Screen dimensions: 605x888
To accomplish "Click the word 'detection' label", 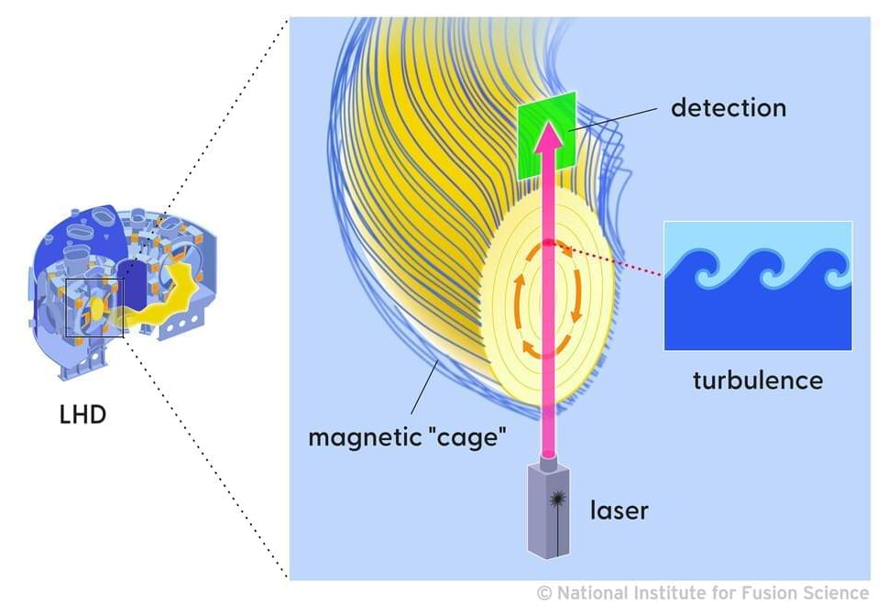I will point(729,108).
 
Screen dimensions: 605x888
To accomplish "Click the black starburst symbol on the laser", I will point(557,499).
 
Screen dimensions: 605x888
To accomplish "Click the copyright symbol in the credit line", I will point(544,592).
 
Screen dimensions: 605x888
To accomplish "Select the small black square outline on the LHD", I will point(93,308).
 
